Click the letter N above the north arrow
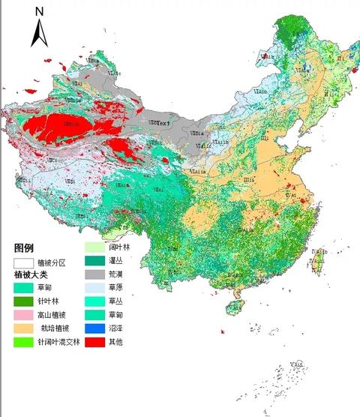pyautogui.click(x=39, y=11)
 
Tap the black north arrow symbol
pyautogui.click(x=39, y=34)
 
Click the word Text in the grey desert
pyautogui.click(x=164, y=122)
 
